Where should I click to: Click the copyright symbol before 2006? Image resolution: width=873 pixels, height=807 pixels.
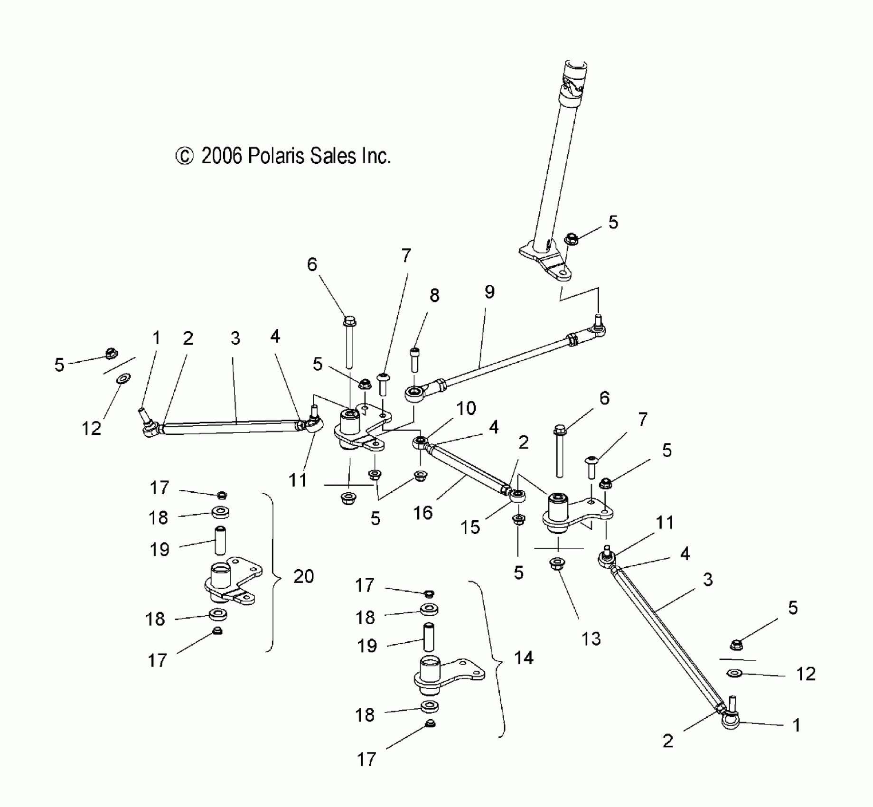pos(184,156)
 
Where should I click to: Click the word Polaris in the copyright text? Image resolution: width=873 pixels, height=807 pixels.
pos(277,156)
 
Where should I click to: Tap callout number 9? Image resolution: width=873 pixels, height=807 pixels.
pos(489,291)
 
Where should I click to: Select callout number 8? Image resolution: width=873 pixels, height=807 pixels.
pos(434,295)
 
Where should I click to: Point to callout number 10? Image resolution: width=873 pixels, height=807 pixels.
pos(466,408)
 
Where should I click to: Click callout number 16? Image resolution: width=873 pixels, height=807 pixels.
pos(423,513)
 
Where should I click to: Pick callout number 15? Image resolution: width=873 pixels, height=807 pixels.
pos(470,527)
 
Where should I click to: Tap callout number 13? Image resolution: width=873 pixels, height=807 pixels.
pos(591,639)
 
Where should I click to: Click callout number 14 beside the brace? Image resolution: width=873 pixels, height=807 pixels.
pos(524,658)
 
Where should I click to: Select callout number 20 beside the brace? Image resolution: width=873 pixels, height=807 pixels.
pos(303,576)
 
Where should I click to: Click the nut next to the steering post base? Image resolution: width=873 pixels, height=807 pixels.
pos(571,239)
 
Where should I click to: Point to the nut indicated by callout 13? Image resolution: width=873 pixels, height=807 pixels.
pos(557,564)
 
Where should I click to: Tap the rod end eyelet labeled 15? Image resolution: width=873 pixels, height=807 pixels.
pos(518,496)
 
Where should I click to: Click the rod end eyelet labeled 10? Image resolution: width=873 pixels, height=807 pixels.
pos(420,443)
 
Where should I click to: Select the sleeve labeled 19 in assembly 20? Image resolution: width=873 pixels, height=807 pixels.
pos(220,540)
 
